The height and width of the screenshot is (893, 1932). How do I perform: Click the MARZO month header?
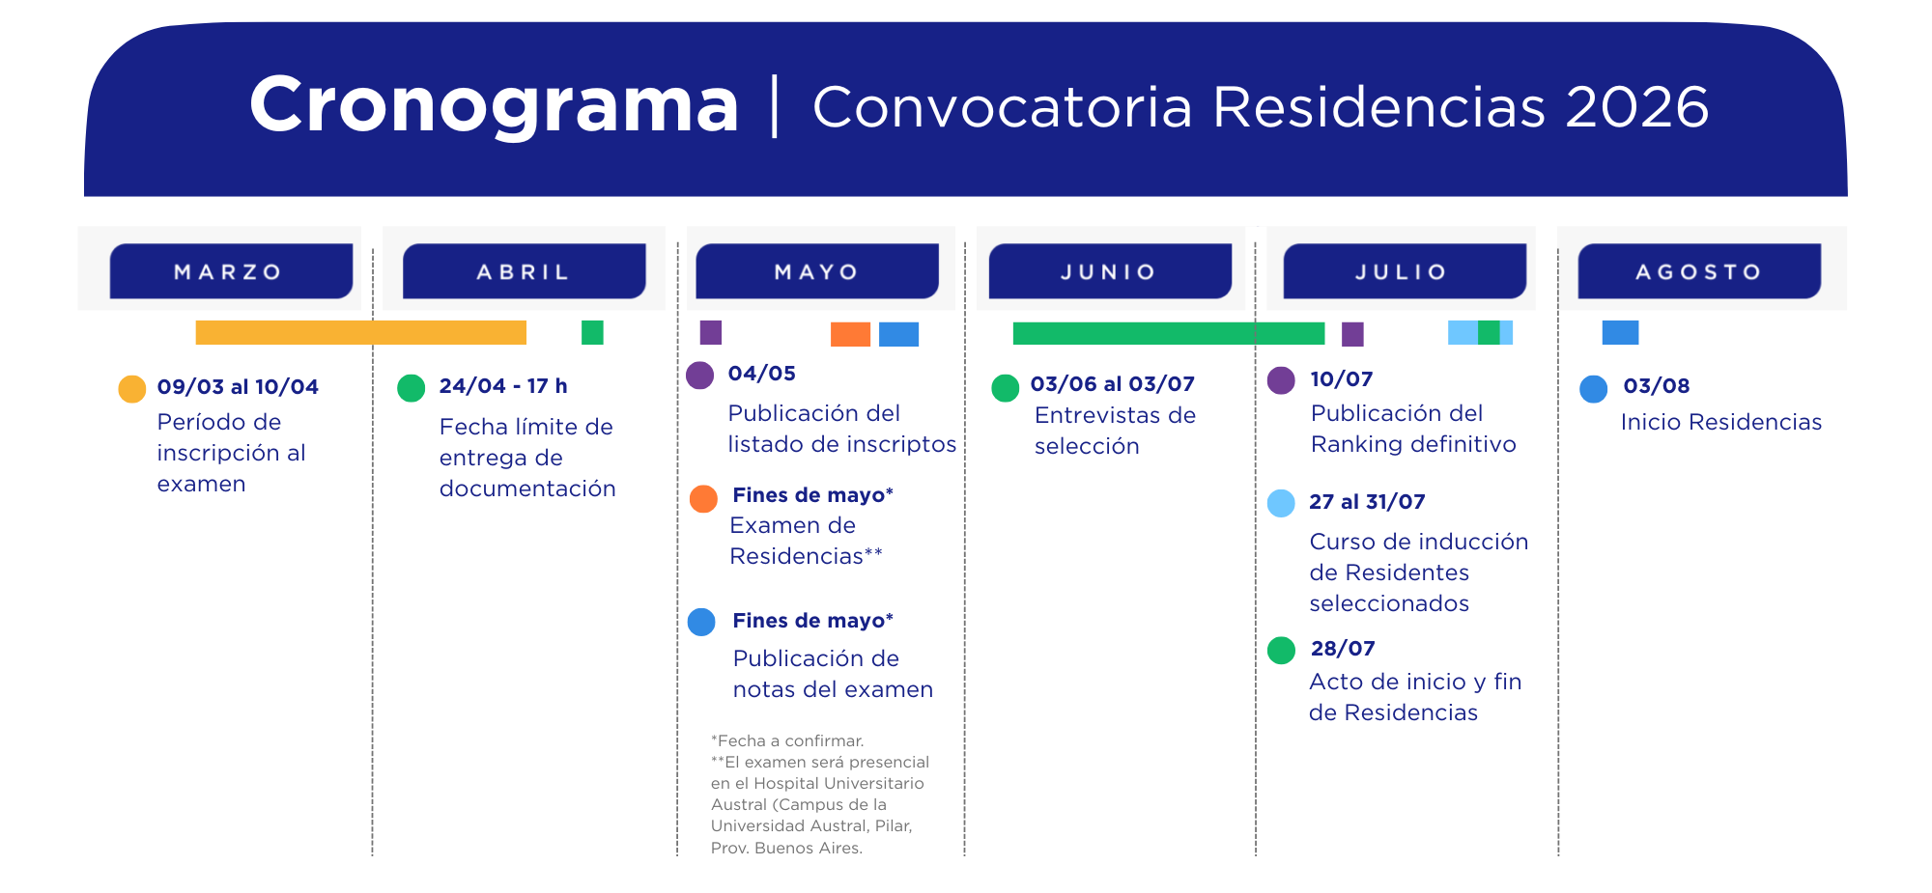click(231, 271)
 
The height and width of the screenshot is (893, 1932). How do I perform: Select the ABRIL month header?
click(524, 271)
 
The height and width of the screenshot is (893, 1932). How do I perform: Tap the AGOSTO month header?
click(1699, 271)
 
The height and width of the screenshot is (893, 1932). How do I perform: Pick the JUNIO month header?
click(1110, 271)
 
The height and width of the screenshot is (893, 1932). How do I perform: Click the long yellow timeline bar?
click(360, 333)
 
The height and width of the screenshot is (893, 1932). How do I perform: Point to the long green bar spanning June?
click(1169, 333)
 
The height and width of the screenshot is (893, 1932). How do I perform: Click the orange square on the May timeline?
click(850, 334)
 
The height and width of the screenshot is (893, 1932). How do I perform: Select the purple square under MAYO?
click(711, 333)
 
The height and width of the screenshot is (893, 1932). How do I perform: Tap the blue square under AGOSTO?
click(1620, 333)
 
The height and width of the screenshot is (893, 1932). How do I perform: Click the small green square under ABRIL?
click(592, 333)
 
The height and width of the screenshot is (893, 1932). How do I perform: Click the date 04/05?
click(762, 374)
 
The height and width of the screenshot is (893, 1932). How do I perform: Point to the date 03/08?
click(1657, 386)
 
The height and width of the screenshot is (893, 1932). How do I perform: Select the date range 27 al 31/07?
click(1367, 502)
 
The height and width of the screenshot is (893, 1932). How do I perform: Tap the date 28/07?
click(1343, 649)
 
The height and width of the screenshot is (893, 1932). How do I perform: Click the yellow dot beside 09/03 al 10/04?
click(132, 389)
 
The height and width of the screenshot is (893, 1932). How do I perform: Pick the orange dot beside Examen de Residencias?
click(703, 499)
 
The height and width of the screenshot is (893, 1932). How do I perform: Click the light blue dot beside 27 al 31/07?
click(1281, 503)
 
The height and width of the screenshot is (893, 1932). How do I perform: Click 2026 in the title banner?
click(1637, 106)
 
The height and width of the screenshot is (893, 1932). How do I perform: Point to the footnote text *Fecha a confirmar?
click(787, 740)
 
